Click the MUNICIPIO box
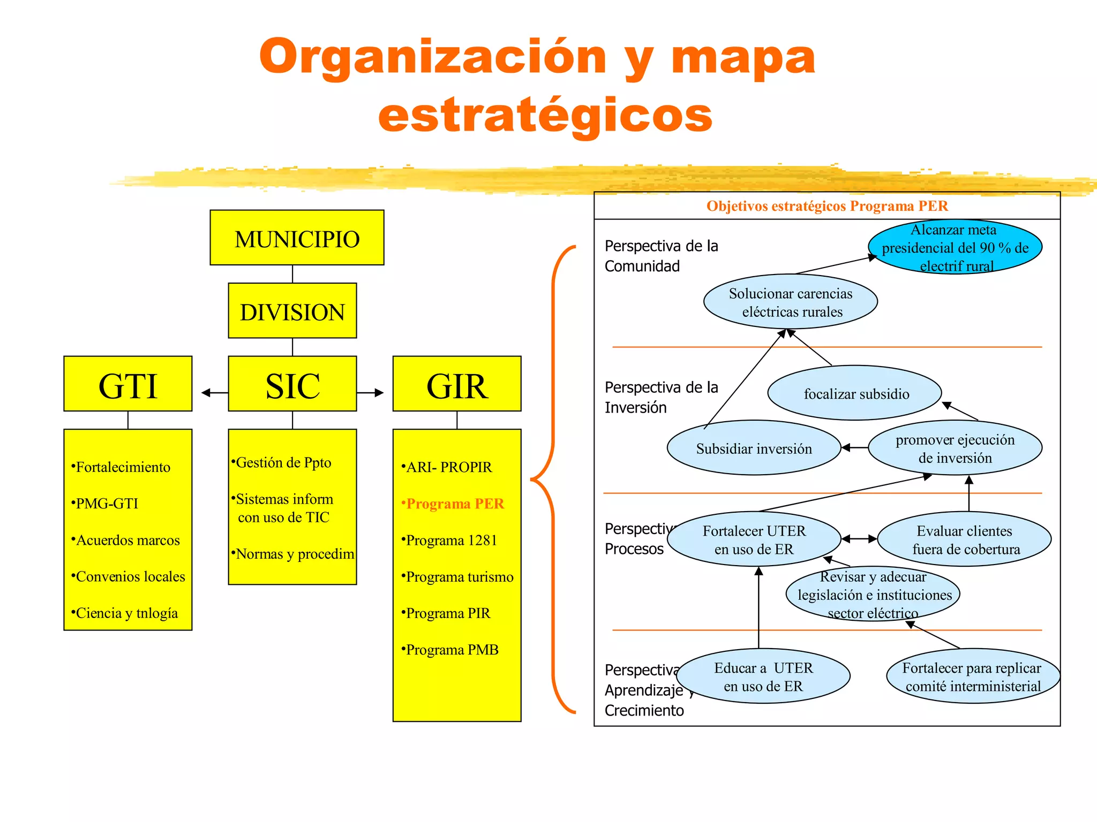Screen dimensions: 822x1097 click(x=297, y=238)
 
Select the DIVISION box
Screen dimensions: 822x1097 click(x=292, y=311)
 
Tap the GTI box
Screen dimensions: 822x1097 click(x=127, y=384)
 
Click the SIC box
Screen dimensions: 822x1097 click(x=292, y=384)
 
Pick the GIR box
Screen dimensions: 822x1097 click(x=456, y=384)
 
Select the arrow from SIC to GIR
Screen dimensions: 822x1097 click(x=370, y=393)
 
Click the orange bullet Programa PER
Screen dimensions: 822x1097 click(x=455, y=504)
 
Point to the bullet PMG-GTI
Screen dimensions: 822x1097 click(x=107, y=504)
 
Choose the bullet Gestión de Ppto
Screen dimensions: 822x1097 click(x=283, y=462)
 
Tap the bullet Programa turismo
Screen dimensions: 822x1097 click(x=459, y=577)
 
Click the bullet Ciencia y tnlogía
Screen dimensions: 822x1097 click(x=126, y=613)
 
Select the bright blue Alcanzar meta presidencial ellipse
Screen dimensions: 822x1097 click(x=955, y=247)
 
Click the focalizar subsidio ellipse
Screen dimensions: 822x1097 click(x=855, y=393)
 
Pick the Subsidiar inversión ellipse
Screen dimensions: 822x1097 click(x=754, y=448)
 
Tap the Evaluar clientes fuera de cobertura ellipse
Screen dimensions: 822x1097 click(x=964, y=539)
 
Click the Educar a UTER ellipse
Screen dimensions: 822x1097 click(x=763, y=676)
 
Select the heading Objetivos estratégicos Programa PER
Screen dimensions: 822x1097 click(x=826, y=206)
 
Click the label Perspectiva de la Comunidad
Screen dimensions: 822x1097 click(x=661, y=256)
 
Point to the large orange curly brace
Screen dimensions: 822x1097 click(x=552, y=479)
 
